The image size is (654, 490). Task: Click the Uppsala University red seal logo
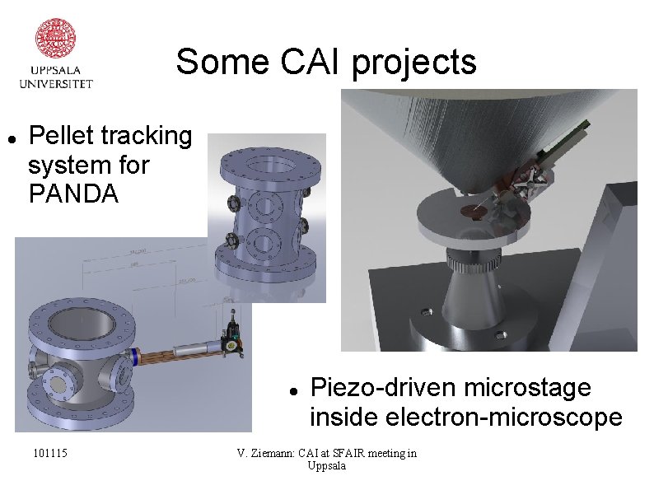click(56, 38)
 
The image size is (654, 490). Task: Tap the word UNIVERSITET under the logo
click(56, 83)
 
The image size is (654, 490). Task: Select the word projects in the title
click(414, 63)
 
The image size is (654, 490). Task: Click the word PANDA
click(73, 195)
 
